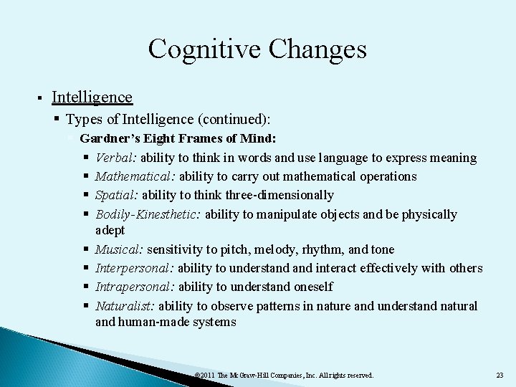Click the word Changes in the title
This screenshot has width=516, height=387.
pos(316,49)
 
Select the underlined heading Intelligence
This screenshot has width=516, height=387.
pos(92,97)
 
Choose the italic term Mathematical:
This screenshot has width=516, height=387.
pos(135,176)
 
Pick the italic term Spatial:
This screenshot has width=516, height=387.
pos(117,195)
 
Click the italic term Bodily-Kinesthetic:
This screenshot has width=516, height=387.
pos(148,214)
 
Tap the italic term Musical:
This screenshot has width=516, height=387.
pos(120,249)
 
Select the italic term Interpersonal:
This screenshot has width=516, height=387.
pos(135,268)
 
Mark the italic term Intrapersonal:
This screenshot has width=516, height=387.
pos(135,287)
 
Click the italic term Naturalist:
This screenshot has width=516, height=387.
pos(125,306)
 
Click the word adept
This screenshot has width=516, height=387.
pos(110,230)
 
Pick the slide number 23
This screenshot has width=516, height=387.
pos(500,375)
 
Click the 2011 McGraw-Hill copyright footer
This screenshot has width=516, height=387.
pos(284,375)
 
